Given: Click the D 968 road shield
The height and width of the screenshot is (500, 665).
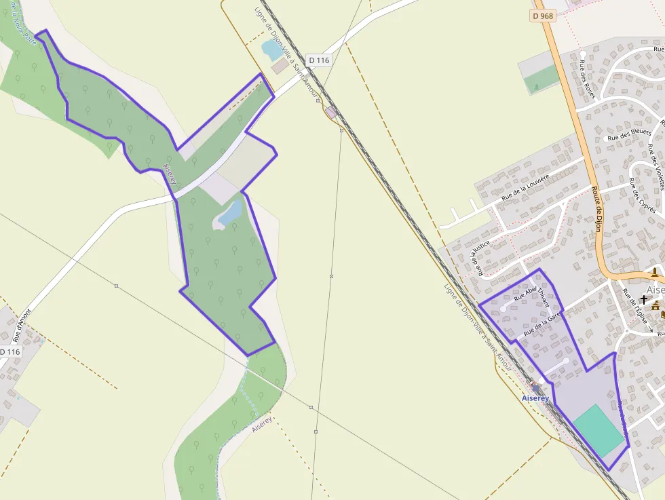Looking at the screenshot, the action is [544, 16].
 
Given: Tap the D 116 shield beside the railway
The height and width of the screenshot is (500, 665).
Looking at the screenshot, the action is [318, 60].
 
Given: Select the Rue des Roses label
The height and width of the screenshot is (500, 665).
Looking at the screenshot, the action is [587, 79].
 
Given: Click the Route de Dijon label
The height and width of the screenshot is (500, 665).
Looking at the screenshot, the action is [596, 209].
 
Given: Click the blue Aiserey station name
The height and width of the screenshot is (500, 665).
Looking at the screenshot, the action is [535, 398].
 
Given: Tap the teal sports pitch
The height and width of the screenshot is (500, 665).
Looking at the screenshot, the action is [598, 430].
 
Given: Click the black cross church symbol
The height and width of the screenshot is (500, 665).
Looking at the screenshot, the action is [643, 299].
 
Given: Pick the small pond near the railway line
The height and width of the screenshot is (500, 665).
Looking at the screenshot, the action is [272, 50].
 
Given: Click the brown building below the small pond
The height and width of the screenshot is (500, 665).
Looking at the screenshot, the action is [280, 66].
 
